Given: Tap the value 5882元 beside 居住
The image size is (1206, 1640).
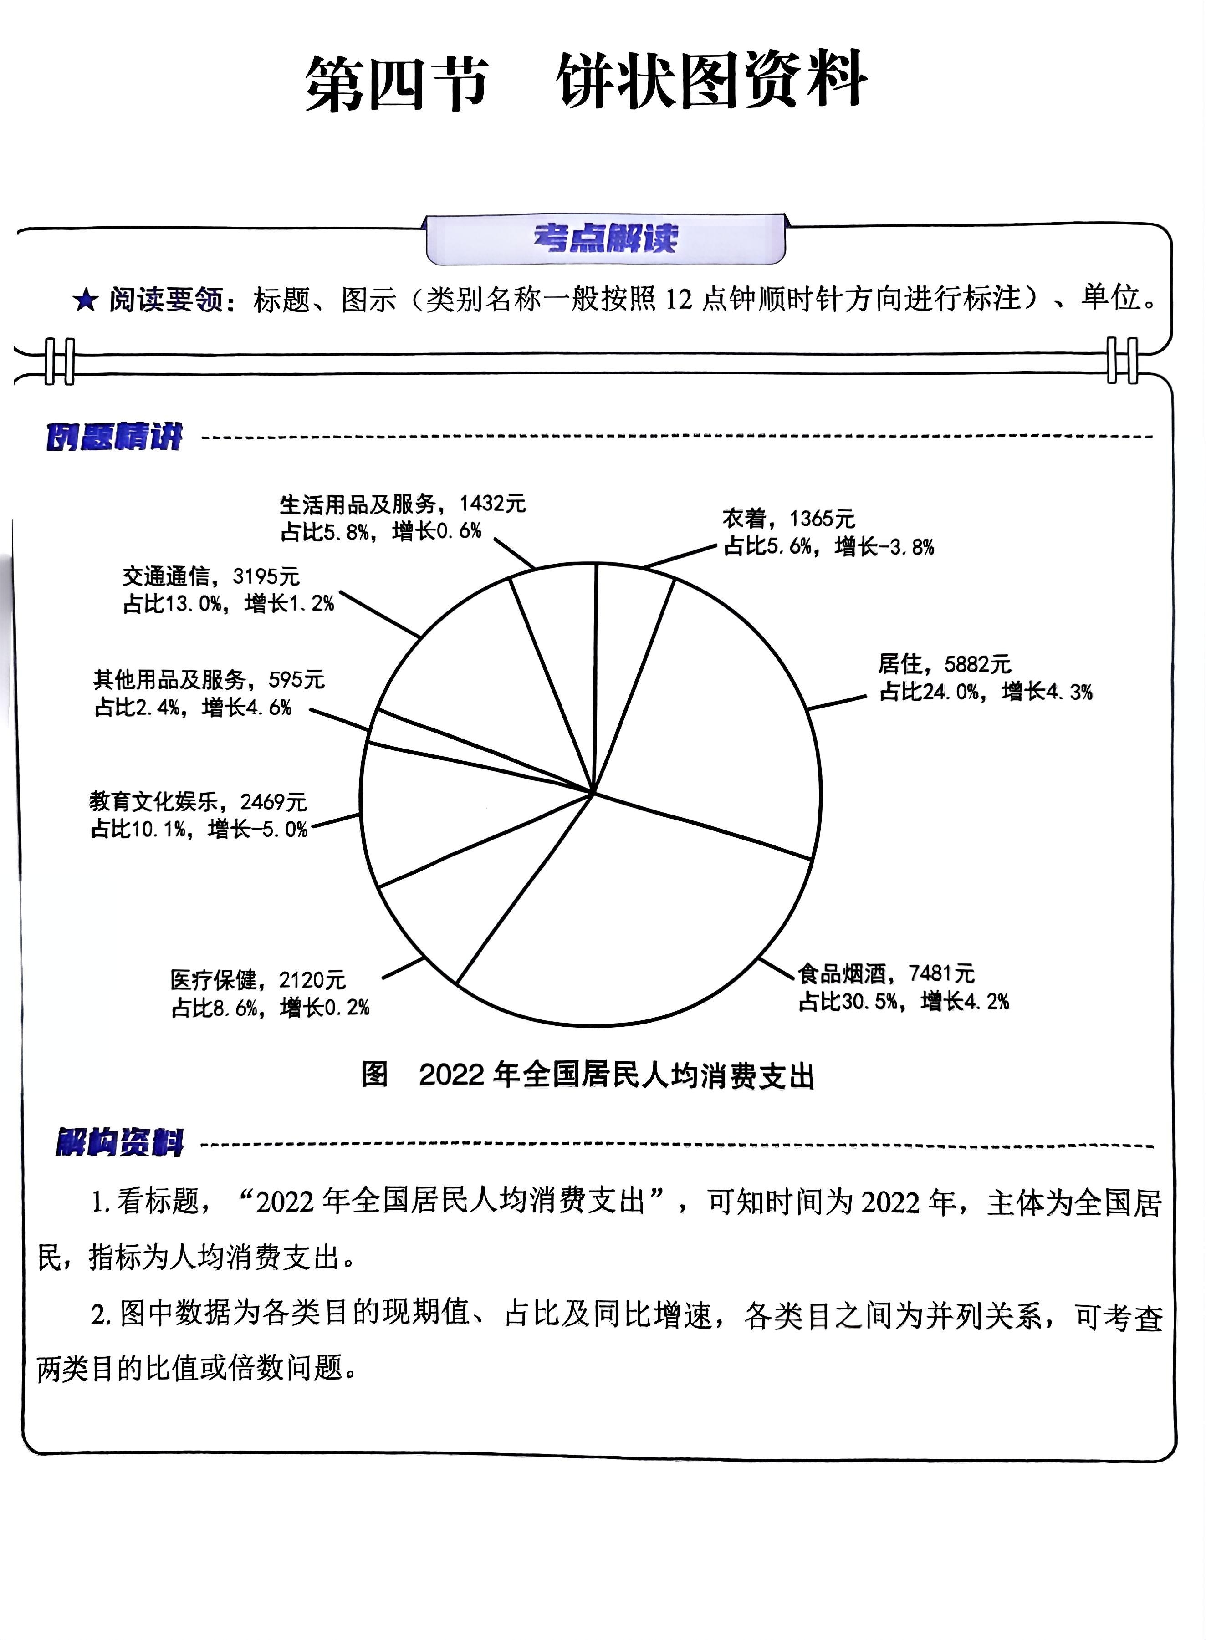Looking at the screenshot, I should point(977,664).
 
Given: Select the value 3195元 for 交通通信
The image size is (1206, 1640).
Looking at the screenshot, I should point(266,576).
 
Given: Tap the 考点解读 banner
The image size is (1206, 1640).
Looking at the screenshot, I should point(605,239).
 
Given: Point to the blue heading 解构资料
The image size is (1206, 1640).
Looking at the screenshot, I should point(120,1142).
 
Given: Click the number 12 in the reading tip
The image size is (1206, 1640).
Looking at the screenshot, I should point(679,299).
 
